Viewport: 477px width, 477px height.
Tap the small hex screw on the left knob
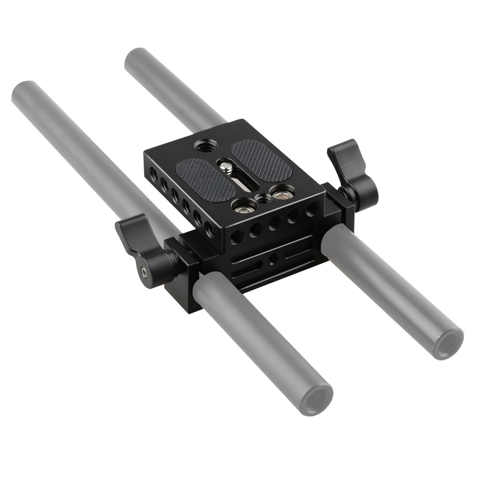[144, 272]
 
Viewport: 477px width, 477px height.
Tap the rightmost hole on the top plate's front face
[312, 208]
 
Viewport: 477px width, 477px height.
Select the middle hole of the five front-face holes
[274, 223]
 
